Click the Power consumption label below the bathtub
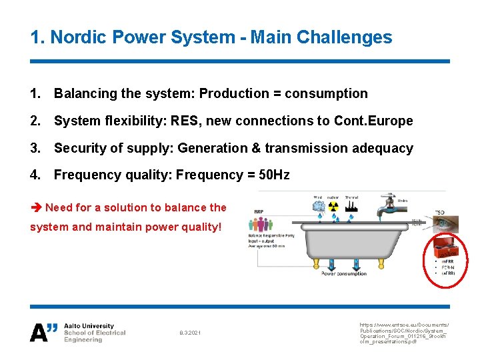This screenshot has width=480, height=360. click(x=344, y=273)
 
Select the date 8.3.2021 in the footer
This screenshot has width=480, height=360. click(x=190, y=333)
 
